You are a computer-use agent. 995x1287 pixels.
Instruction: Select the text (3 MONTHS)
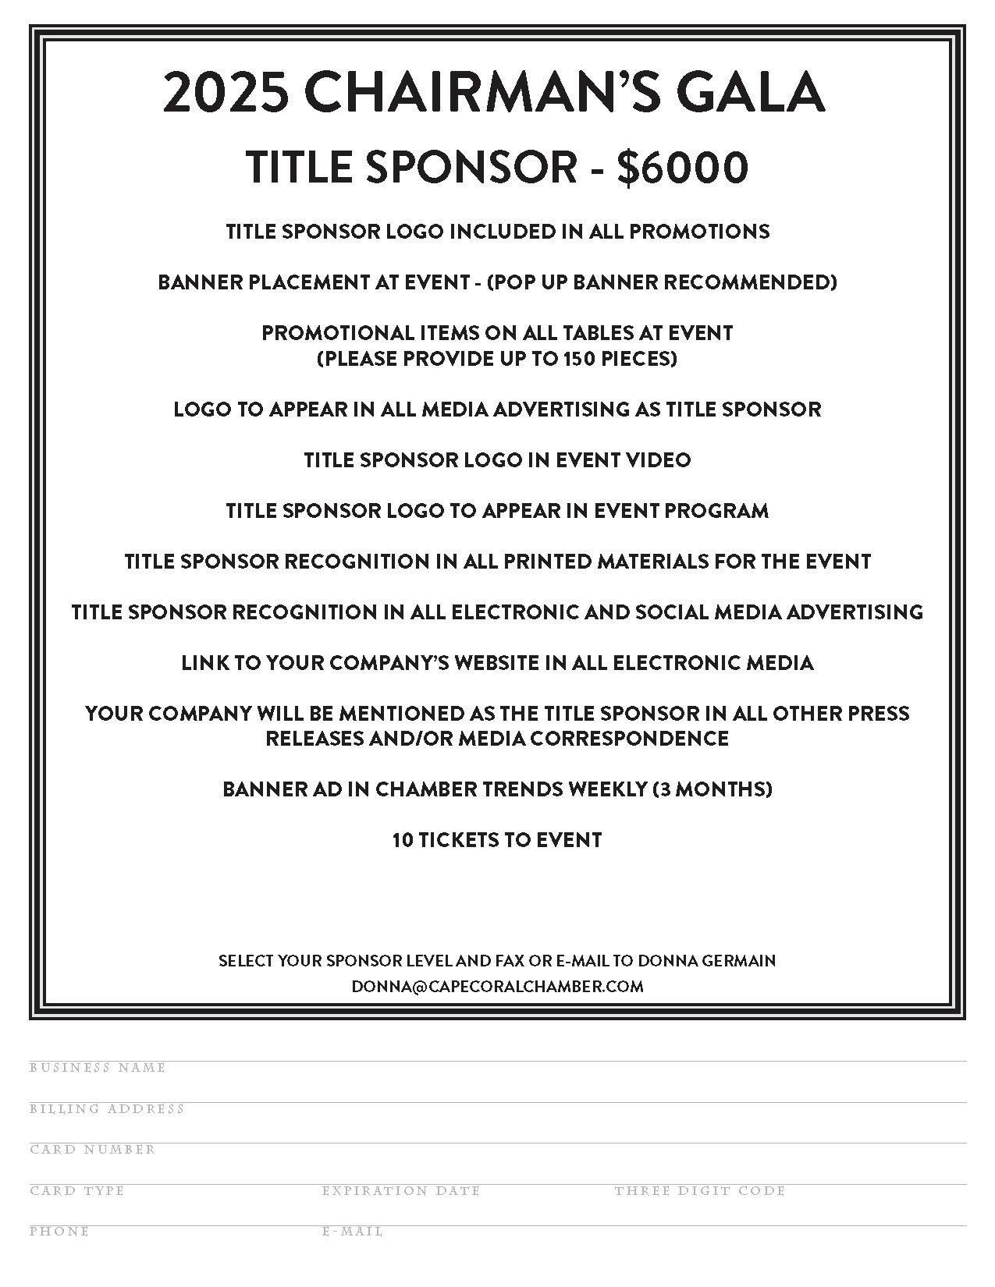coord(712,789)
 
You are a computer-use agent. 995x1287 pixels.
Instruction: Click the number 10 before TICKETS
coord(403,840)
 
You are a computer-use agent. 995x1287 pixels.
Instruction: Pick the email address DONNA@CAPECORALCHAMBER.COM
coord(497,986)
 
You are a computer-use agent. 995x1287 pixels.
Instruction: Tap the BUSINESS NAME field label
coord(98,1068)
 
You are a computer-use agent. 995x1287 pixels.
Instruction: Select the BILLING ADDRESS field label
coord(107,1108)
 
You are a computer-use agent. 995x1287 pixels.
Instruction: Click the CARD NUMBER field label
coord(93,1150)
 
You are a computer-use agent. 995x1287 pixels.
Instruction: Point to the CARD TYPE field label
coord(77,1191)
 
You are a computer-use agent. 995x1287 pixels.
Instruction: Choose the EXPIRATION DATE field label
coord(401,1191)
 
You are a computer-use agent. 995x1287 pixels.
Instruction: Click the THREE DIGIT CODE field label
coord(700,1191)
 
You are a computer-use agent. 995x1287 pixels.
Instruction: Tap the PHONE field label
coord(59,1232)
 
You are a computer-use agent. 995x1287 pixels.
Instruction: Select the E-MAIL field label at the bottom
coord(353,1232)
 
